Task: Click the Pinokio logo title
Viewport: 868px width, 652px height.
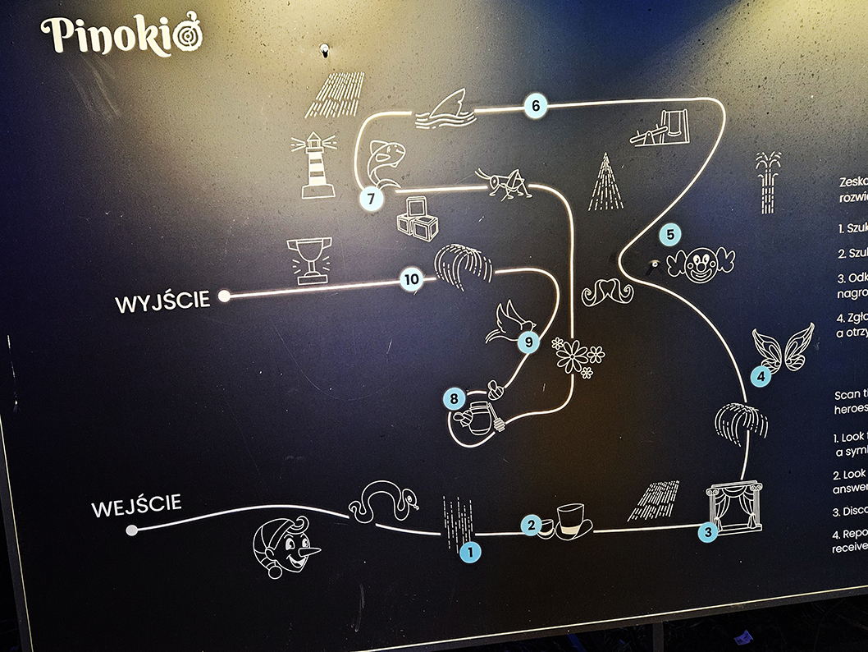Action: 121,35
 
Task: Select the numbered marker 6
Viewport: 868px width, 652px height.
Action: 536,105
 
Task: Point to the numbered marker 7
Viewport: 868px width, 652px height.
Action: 371,198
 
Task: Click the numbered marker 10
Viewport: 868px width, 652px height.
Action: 412,280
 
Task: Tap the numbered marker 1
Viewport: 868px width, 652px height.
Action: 469,552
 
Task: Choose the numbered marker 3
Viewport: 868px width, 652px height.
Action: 708,531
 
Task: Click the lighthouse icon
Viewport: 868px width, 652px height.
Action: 318,167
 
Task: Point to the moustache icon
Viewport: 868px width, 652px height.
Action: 608,291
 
